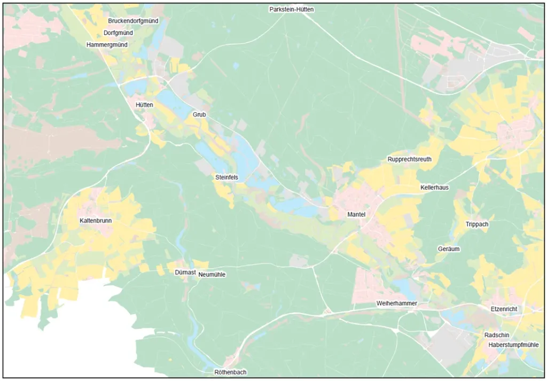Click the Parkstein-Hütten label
[291, 10]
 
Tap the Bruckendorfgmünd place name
[133, 21]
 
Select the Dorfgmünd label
[118, 33]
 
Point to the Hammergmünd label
[107, 45]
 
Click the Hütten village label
[144, 105]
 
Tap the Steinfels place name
[226, 177]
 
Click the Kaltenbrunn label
[96, 220]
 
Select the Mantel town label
[356, 214]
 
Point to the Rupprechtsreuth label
[409, 159]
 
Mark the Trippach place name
[477, 224]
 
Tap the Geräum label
[449, 249]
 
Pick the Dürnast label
[185, 273]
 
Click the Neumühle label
[212, 275]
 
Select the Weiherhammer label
[396, 304]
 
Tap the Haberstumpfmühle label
[513, 345]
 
